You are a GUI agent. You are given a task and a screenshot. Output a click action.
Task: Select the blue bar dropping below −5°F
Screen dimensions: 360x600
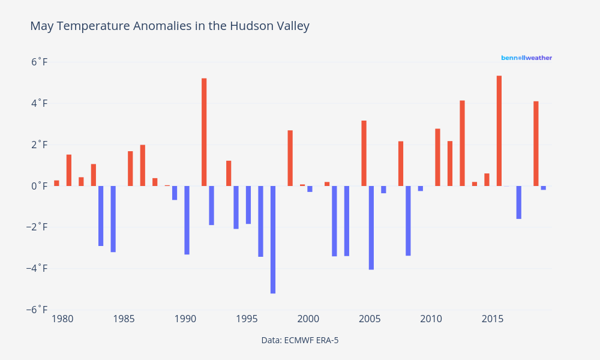tap(273, 239)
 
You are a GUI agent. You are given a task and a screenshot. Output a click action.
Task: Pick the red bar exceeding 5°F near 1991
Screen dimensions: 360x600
tap(204, 132)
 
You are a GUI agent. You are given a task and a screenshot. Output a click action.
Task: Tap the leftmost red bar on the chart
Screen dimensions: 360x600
tap(56, 183)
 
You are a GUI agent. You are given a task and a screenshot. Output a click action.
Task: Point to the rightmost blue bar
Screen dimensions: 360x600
tap(544, 188)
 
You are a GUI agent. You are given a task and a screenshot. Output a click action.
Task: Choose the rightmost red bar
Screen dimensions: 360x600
tap(536, 143)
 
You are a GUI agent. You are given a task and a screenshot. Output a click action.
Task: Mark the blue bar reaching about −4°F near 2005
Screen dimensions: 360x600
tap(371, 227)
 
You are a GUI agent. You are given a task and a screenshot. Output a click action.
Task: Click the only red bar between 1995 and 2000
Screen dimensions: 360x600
tap(290, 158)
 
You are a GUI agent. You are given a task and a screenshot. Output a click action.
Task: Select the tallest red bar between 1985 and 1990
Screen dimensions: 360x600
tap(143, 165)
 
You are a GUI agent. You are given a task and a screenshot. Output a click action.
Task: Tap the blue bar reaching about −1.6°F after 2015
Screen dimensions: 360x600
tap(519, 202)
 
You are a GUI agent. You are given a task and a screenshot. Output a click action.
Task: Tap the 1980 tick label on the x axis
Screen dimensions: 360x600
tap(62, 319)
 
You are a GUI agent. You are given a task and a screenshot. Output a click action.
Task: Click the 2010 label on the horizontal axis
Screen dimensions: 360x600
tap(431, 319)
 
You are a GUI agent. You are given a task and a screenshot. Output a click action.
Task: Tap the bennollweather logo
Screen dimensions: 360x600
tap(526, 58)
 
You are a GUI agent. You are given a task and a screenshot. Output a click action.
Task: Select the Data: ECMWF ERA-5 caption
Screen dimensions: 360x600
tap(300, 340)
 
